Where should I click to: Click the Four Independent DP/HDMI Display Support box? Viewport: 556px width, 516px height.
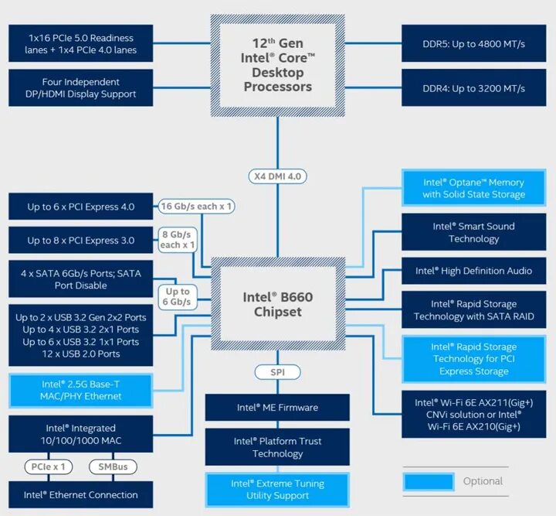(81, 88)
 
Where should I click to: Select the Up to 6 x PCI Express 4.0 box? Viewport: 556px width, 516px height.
(81, 207)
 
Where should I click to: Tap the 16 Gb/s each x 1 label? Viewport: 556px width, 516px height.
(197, 207)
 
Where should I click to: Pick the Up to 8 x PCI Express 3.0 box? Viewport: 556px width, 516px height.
(81, 241)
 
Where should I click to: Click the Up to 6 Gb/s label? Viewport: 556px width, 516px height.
(177, 296)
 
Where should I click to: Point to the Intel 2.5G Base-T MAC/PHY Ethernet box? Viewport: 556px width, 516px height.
(81, 390)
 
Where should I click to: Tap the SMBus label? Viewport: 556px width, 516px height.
(113, 466)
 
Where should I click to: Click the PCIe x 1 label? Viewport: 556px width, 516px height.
(48, 466)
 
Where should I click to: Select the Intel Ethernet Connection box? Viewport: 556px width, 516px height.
(81, 495)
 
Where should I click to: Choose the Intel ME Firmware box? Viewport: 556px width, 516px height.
(277, 408)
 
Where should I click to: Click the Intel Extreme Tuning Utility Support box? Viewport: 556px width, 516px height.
(277, 490)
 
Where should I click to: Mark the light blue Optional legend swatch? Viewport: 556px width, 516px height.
(427, 481)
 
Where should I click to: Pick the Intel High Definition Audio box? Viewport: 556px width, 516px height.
(473, 271)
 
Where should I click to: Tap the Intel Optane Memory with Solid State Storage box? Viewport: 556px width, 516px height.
(473, 189)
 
